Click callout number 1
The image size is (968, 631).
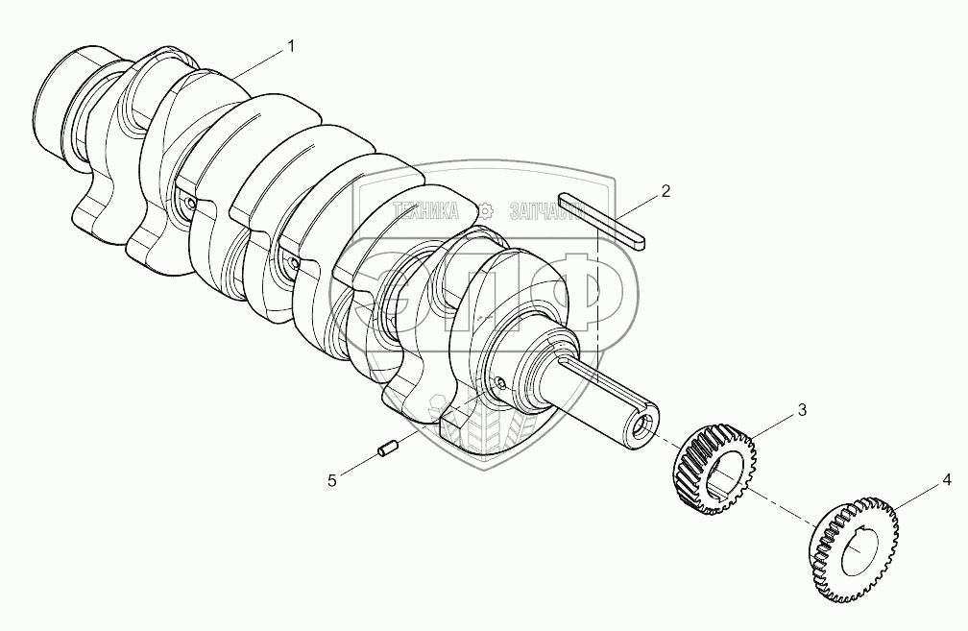tap(290, 46)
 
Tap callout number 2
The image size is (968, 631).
tap(665, 191)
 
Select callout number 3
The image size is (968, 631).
tap(802, 410)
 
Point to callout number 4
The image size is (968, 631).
tap(947, 480)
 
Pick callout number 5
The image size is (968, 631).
tap(332, 481)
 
